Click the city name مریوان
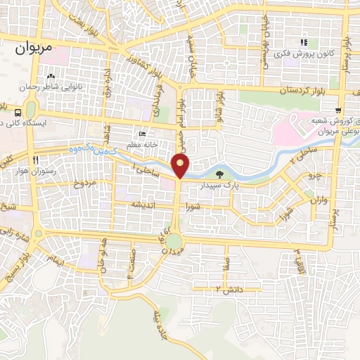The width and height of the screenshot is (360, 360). pos(33,51)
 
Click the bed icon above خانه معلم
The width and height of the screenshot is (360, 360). pos(143,134)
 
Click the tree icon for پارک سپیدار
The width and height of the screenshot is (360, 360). pos(220,174)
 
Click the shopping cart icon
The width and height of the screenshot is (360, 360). pos(339,110)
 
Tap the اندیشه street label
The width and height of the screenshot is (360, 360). pos(141,205)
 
